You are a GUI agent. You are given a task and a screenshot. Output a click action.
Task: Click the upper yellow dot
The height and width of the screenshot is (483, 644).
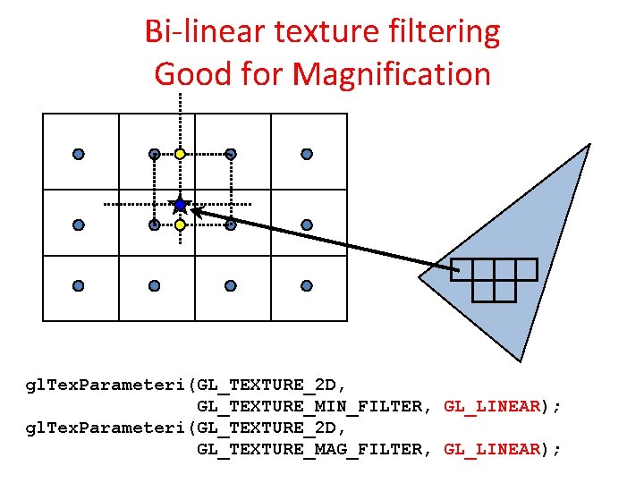(x=180, y=154)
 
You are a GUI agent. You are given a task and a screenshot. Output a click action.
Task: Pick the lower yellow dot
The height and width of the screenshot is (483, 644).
(x=180, y=225)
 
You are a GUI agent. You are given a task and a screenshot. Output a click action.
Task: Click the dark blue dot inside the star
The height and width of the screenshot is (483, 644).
(x=180, y=205)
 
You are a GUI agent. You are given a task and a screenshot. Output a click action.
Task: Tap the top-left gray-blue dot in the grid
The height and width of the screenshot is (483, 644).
(x=79, y=154)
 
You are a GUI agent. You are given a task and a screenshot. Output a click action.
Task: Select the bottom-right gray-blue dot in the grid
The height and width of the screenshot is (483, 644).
(x=307, y=285)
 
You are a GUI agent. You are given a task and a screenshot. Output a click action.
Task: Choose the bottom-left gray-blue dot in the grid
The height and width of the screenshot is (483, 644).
(x=79, y=285)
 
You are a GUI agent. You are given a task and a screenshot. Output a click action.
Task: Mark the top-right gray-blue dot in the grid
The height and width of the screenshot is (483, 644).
(x=307, y=154)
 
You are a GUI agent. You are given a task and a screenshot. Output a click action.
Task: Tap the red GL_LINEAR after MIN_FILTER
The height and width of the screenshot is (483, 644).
(x=492, y=406)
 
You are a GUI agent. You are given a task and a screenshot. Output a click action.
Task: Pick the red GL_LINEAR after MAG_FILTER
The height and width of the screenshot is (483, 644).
(x=492, y=449)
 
